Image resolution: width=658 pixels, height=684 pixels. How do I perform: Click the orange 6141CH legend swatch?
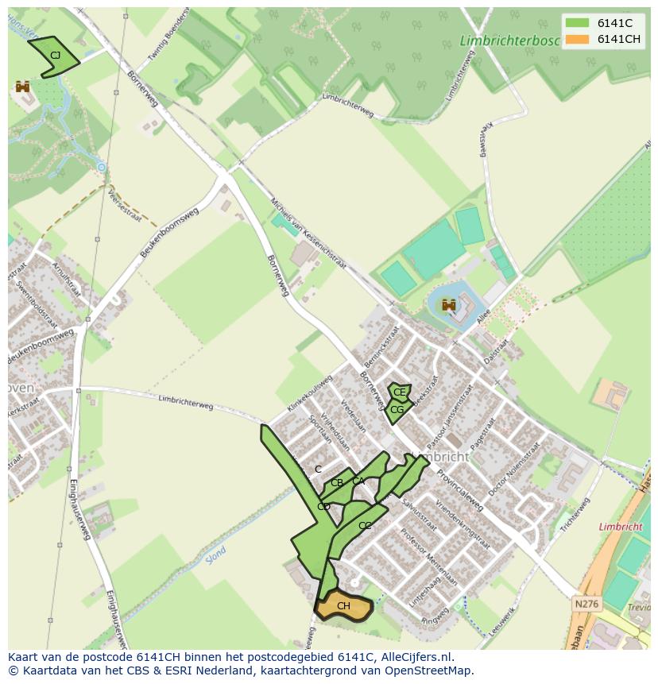[x=578, y=40]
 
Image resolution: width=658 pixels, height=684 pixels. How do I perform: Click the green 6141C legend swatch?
[x=578, y=23]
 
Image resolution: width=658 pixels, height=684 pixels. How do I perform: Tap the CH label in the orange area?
[x=343, y=606]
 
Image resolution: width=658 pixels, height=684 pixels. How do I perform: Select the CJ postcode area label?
[x=55, y=56]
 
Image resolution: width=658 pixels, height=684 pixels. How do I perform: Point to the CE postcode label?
[x=400, y=392]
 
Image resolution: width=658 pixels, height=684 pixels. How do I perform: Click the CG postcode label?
[x=397, y=410]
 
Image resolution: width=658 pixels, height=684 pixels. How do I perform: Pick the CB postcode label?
[x=337, y=483]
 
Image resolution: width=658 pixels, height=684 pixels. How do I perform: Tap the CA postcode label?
[x=358, y=481]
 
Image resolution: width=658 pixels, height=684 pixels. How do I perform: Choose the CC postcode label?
[x=365, y=526]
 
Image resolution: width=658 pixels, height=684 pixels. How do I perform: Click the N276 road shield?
[x=586, y=605]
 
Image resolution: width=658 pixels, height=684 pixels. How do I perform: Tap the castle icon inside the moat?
[x=449, y=305]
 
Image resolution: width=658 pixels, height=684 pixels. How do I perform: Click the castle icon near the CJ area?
[x=22, y=86]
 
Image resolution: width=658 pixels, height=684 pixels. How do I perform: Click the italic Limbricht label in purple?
[x=620, y=527]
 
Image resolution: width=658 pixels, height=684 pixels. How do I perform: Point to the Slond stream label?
[x=215, y=554]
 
